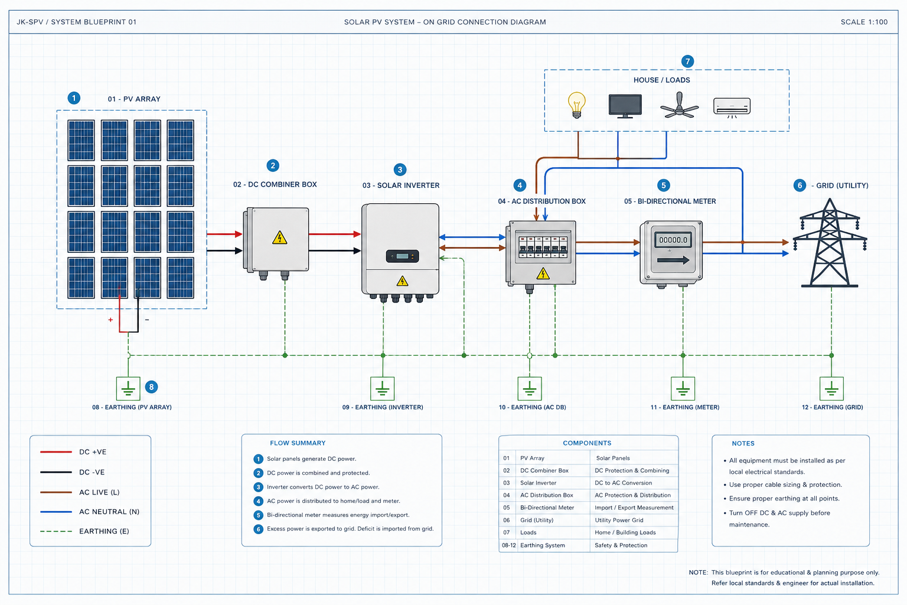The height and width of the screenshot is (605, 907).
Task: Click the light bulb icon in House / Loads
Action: point(576,105)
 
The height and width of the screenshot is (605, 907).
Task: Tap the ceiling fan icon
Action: point(679,105)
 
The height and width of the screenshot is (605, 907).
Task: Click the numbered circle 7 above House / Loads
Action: point(687,61)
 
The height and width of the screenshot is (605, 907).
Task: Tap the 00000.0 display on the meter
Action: point(673,240)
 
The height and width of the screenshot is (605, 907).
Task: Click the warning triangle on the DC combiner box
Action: point(279,238)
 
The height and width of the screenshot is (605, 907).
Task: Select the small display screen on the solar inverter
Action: point(403,256)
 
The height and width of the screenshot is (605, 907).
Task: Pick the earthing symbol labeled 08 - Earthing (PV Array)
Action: point(128,388)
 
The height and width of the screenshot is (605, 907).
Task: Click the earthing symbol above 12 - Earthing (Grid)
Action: point(831,388)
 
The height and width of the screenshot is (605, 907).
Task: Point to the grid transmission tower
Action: point(829,243)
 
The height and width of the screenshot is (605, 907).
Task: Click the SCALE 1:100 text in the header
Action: point(864,22)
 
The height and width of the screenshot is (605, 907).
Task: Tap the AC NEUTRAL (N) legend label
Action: point(109,512)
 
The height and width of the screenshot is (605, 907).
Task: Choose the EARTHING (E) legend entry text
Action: point(104,531)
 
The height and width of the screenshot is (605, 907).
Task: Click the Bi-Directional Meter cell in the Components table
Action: point(547,508)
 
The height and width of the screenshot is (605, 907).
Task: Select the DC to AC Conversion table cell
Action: point(623,483)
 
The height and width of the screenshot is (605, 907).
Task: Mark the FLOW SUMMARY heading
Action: point(298,443)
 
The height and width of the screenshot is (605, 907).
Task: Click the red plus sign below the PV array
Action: point(110,320)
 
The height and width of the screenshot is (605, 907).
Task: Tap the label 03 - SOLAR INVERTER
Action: point(401,185)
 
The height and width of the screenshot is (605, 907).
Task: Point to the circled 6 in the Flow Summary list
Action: point(258,529)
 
